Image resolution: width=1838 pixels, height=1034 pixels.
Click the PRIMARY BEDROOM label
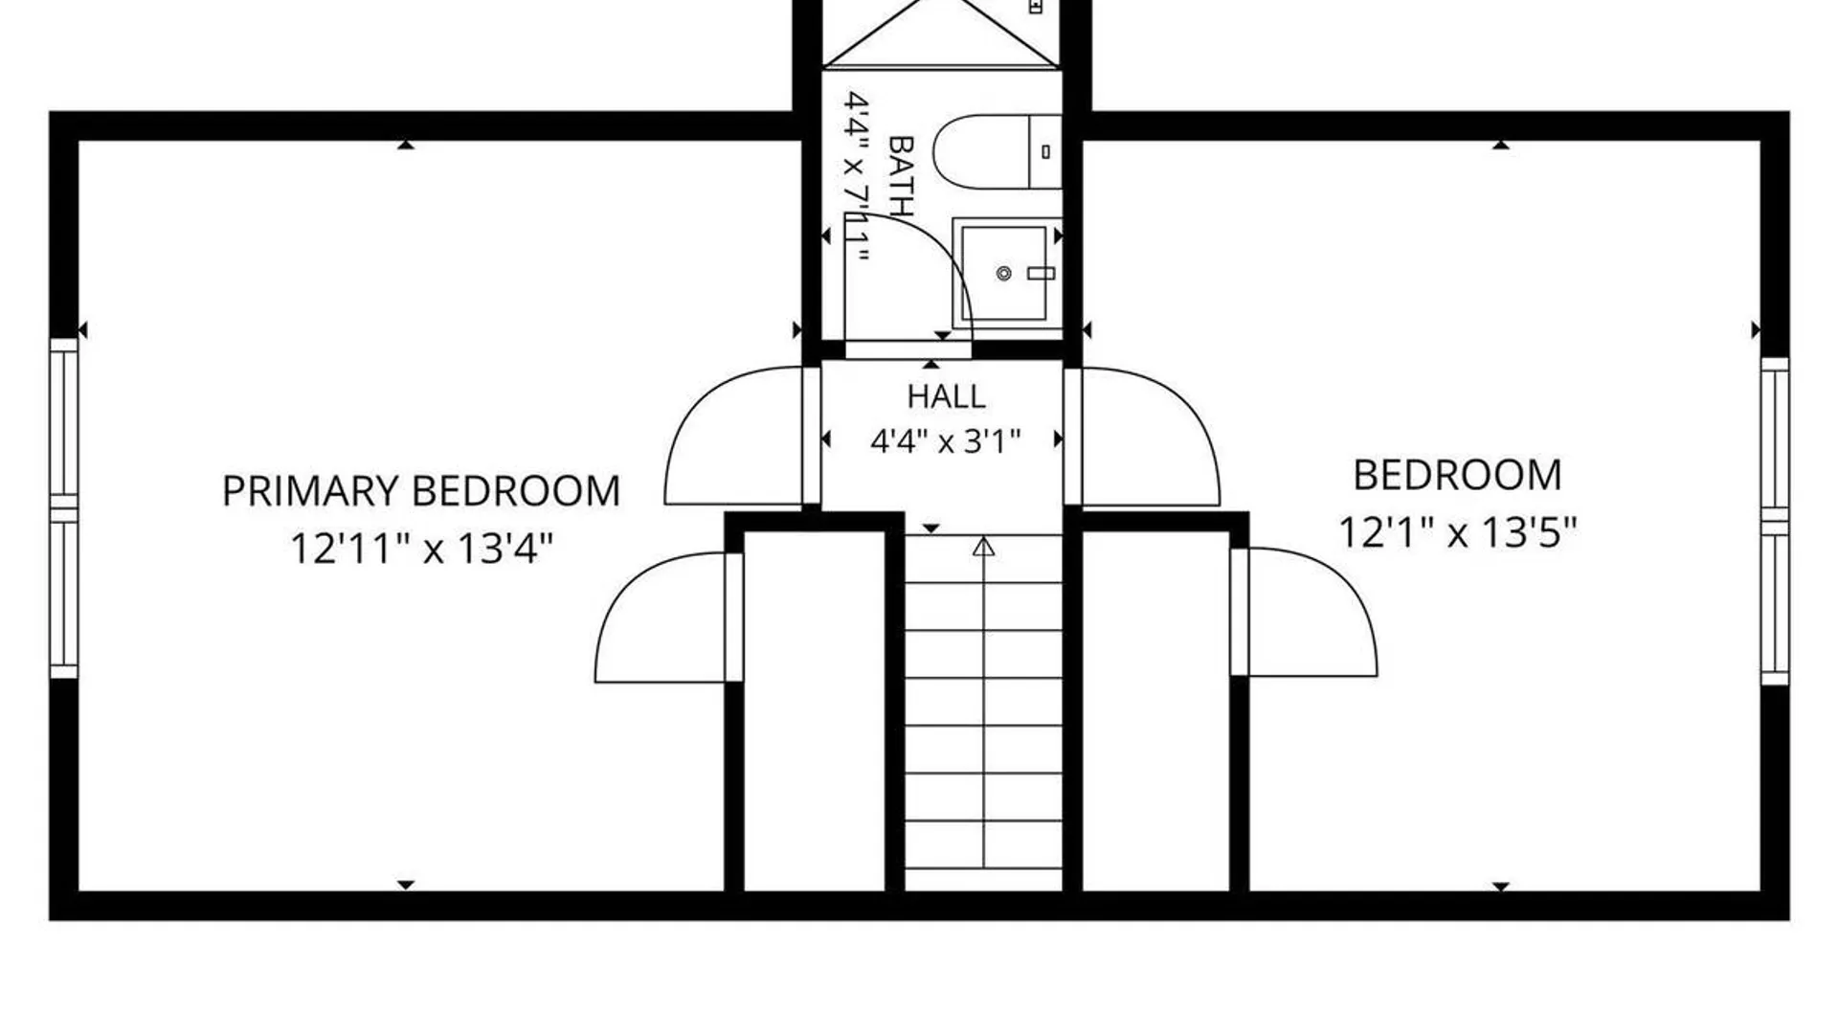click(x=421, y=491)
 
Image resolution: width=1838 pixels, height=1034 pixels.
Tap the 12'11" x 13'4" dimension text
click(x=422, y=550)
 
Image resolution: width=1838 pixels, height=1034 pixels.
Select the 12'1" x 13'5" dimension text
click(x=1457, y=532)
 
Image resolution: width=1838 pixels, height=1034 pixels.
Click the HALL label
click(x=946, y=396)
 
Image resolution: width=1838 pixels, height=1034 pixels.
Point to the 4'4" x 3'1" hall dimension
click(x=946, y=441)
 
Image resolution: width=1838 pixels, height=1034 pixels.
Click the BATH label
click(x=902, y=175)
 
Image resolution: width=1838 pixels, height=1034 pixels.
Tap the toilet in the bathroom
click(x=997, y=152)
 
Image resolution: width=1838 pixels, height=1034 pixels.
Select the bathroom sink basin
click(x=1004, y=274)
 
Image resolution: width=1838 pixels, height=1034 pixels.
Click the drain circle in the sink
click(x=1004, y=274)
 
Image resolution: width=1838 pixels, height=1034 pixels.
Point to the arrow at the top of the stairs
click(x=984, y=547)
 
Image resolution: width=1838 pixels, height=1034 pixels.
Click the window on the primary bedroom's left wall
click(x=63, y=508)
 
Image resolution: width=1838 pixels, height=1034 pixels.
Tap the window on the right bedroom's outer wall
click(x=1775, y=522)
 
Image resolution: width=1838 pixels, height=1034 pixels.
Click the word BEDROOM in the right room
click(x=1457, y=475)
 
